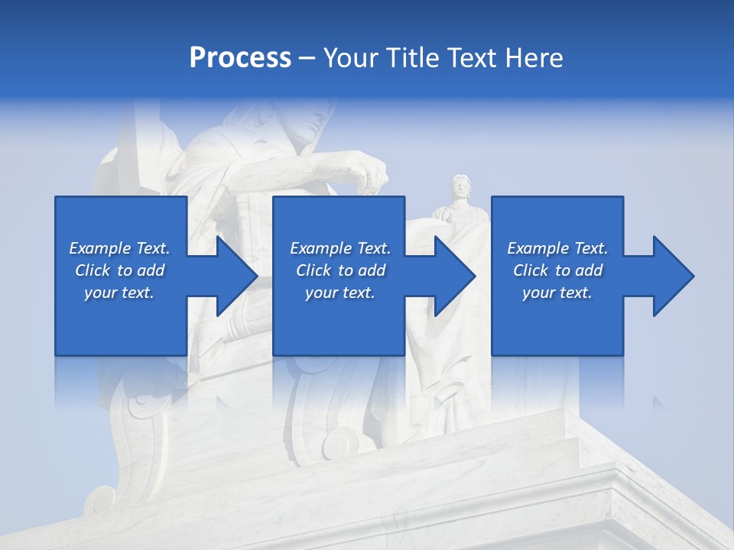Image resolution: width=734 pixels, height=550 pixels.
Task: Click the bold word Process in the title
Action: point(240,58)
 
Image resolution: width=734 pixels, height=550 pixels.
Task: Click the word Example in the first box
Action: point(99,248)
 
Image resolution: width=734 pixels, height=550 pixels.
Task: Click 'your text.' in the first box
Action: point(119,293)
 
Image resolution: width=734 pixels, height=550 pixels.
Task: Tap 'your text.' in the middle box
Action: point(339,293)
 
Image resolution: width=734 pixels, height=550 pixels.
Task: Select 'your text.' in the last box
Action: point(557,293)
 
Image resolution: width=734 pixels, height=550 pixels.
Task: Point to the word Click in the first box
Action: point(93,270)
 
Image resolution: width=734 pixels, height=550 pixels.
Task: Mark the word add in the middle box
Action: point(371,270)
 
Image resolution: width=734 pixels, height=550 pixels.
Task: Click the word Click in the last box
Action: point(531,270)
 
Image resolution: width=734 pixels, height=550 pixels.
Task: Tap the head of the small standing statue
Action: point(460,186)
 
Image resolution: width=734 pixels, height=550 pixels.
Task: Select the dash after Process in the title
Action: point(307,58)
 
